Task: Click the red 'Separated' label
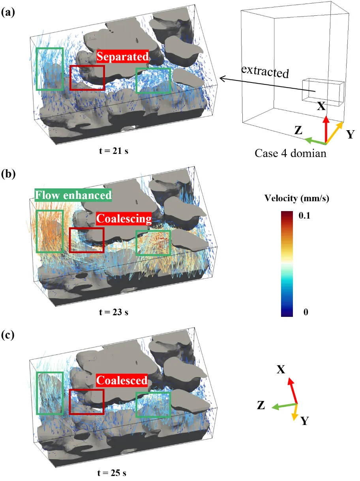point(122,56)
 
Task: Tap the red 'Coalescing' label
point(124,219)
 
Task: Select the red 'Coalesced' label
point(122,380)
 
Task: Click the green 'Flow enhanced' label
point(73,195)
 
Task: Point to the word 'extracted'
point(265,72)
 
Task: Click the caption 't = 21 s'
point(114,151)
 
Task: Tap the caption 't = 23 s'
point(114,312)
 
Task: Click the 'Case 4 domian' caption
point(290,153)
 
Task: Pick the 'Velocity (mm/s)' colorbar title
point(297,198)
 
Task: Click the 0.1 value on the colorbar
point(304,215)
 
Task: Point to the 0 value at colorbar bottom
point(306,312)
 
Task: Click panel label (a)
point(8,13)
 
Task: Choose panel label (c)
point(7,335)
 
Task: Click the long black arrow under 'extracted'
point(267,84)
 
